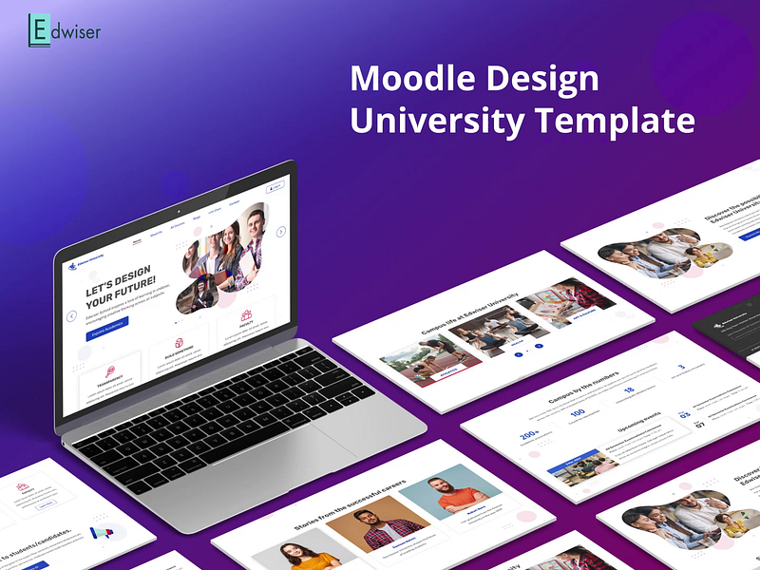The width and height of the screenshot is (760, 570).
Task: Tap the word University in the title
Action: click(x=436, y=121)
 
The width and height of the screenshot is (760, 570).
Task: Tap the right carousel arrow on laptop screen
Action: click(x=281, y=231)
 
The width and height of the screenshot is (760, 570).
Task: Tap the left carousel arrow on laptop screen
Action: click(x=71, y=315)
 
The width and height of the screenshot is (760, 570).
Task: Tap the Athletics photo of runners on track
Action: click(x=414, y=360)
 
